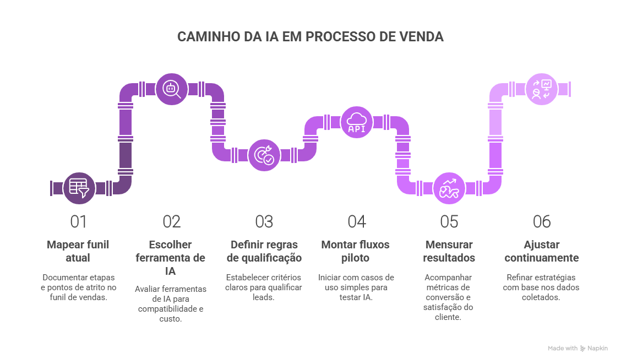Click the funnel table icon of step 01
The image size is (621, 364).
tap(79, 188)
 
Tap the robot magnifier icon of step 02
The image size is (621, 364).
tap(171, 89)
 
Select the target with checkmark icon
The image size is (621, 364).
tap(264, 155)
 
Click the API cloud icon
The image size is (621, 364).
tap(356, 122)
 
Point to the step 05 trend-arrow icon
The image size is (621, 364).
tap(449, 188)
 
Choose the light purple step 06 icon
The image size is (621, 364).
tap(542, 89)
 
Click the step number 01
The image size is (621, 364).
tap(78, 222)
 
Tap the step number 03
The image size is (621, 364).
tap(264, 222)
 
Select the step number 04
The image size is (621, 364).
tap(357, 222)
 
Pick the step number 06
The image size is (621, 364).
tap(542, 222)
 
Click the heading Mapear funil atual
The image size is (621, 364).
tap(78, 251)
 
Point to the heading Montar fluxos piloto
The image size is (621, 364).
tap(355, 251)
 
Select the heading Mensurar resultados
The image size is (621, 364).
tap(449, 251)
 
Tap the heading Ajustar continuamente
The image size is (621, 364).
tap(541, 251)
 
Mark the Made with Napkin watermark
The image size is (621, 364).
tap(578, 348)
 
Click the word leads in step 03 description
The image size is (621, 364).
tap(263, 297)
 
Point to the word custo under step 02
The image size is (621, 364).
tap(170, 318)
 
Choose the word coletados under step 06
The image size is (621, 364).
tap(541, 297)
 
